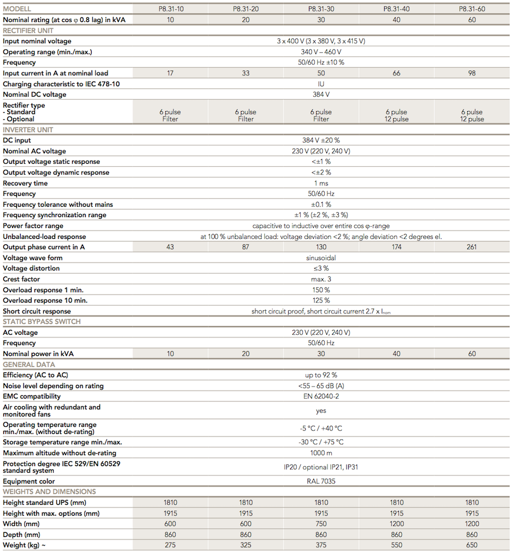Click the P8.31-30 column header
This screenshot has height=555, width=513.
coord(321,9)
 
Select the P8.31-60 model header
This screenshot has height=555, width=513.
coord(472,9)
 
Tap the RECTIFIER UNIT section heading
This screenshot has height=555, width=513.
coord(28,31)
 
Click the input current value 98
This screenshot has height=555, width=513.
coord(472,73)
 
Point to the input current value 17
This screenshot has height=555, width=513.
coord(170,73)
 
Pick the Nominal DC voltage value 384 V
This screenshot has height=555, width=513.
coord(321,94)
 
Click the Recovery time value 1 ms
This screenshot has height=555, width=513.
coord(321,183)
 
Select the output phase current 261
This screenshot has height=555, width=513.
coord(472,247)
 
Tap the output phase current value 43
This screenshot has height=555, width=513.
coord(170,247)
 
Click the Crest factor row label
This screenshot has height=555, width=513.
coord(21,279)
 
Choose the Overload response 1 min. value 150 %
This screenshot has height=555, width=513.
coord(321,289)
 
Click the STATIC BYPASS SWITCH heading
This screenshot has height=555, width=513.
coord(42,322)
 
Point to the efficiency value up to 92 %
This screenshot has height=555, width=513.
coord(321,375)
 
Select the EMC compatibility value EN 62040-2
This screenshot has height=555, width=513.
coord(321,396)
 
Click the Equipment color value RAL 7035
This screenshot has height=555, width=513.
coord(321,481)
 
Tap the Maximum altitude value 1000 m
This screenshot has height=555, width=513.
coord(321,453)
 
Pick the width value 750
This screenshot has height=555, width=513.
coord(321,524)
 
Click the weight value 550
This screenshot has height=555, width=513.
coord(396,545)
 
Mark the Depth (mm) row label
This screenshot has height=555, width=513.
coord(22,535)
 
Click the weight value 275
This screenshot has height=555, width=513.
coord(170,545)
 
